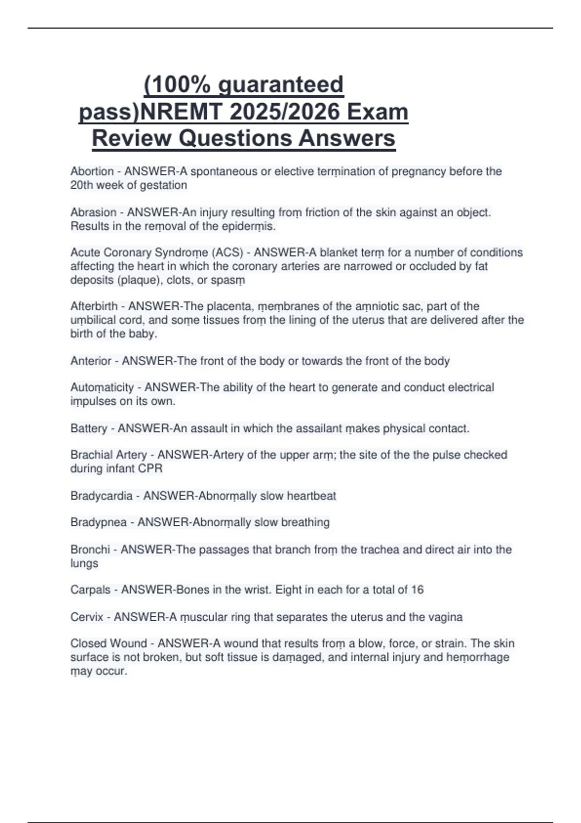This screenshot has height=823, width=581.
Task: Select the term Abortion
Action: tap(92, 171)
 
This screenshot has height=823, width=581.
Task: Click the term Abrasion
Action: tap(93, 213)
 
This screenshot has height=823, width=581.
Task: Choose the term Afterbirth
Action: tap(94, 306)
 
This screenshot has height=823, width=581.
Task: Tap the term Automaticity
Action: tap(102, 388)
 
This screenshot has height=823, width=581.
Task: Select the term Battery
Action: tap(89, 429)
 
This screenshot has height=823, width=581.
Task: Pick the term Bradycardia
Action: tap(101, 496)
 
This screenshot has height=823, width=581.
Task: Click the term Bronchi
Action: tap(90, 550)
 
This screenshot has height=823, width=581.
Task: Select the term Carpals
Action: tap(91, 590)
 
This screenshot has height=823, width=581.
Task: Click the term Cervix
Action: tap(87, 617)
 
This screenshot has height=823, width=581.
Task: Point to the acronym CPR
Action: tap(150, 469)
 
